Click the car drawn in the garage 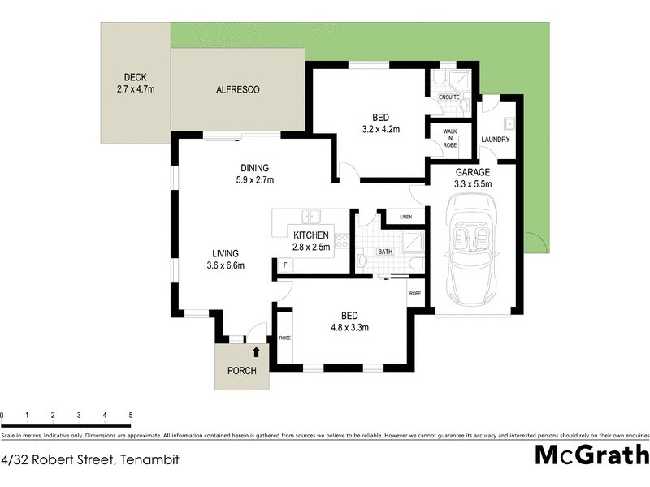[x=471, y=254]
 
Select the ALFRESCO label [x=237, y=90]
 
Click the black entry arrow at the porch [x=257, y=352]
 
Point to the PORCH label [x=241, y=371]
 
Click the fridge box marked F [x=285, y=265]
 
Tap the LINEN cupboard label [x=406, y=217]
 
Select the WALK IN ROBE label [x=448, y=139]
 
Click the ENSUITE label [x=448, y=97]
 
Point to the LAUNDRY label [x=495, y=140]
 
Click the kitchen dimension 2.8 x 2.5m [x=311, y=248]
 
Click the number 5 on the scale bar [x=130, y=415]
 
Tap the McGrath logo [x=591, y=455]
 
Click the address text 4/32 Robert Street [x=89, y=459]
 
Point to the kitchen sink [x=310, y=216]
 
